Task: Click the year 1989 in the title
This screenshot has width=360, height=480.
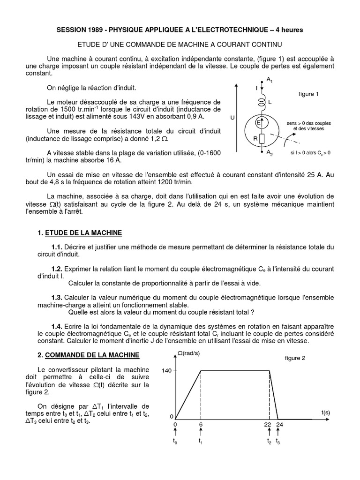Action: tap(99, 30)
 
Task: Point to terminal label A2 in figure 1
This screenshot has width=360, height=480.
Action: tap(270, 153)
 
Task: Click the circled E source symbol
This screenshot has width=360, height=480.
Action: tap(258, 122)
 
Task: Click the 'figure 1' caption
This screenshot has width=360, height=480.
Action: tap(308, 94)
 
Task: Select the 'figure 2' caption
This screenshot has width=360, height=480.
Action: tap(295, 358)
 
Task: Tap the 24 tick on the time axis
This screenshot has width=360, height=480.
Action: tap(279, 425)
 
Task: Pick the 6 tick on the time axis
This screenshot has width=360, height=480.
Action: tap(201, 425)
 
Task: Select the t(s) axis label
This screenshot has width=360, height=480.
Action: tap(326, 412)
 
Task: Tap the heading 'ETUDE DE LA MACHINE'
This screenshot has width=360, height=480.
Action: tap(83, 233)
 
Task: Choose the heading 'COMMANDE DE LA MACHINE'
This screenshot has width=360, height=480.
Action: tap(89, 356)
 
